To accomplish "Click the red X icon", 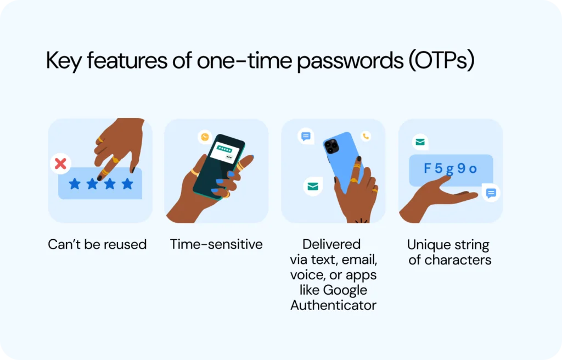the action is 60,164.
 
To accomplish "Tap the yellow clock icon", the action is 205,137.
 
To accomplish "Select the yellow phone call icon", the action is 366,136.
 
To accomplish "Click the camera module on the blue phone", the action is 331,147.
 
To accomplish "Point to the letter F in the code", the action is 427,168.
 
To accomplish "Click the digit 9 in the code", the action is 461,168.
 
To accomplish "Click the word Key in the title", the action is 64,61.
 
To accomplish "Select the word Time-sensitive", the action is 216,244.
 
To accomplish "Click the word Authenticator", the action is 333,305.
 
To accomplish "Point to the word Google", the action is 345,290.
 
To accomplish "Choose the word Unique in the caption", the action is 425,245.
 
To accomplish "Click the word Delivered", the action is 331,244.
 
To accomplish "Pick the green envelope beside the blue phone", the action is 313,187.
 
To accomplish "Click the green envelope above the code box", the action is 420,142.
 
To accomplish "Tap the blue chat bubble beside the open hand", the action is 491,193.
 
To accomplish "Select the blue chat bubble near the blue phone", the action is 306,136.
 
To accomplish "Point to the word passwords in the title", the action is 350,61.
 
